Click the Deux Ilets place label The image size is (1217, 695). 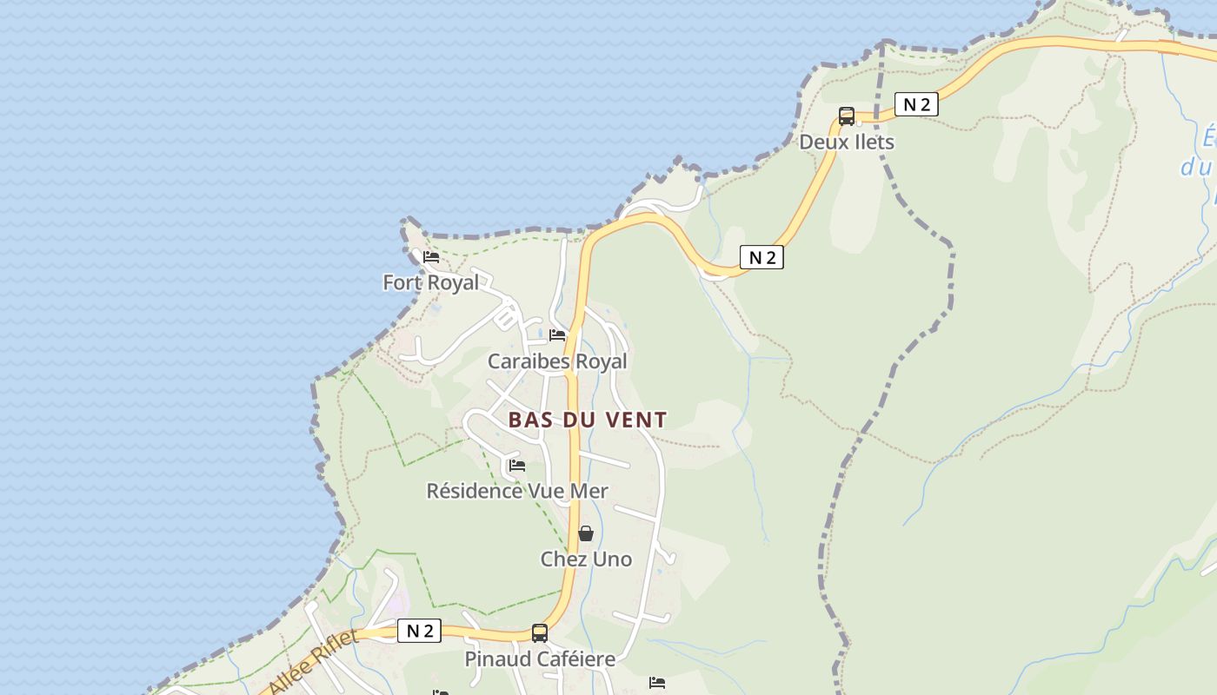click(846, 142)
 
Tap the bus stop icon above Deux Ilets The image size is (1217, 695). click(847, 116)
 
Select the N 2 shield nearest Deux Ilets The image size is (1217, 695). click(916, 105)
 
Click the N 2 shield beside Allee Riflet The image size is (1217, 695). click(419, 631)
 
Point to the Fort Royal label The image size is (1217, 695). click(430, 282)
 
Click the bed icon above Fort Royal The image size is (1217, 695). click(431, 257)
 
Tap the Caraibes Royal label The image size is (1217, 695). click(556, 361)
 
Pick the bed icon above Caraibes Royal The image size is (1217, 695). click(557, 335)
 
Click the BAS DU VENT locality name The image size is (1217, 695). click(588, 420)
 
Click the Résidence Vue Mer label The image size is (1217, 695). click(516, 491)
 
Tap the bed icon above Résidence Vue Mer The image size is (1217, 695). click(517, 466)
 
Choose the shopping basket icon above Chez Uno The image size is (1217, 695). click(586, 533)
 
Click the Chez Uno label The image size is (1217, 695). click(586, 559)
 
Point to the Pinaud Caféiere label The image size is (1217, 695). click(540, 659)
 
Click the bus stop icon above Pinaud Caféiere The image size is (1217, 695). click(540, 633)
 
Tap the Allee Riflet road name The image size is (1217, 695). click(314, 662)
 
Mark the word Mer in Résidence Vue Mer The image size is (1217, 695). click(589, 491)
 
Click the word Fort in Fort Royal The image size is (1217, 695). click(402, 282)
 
